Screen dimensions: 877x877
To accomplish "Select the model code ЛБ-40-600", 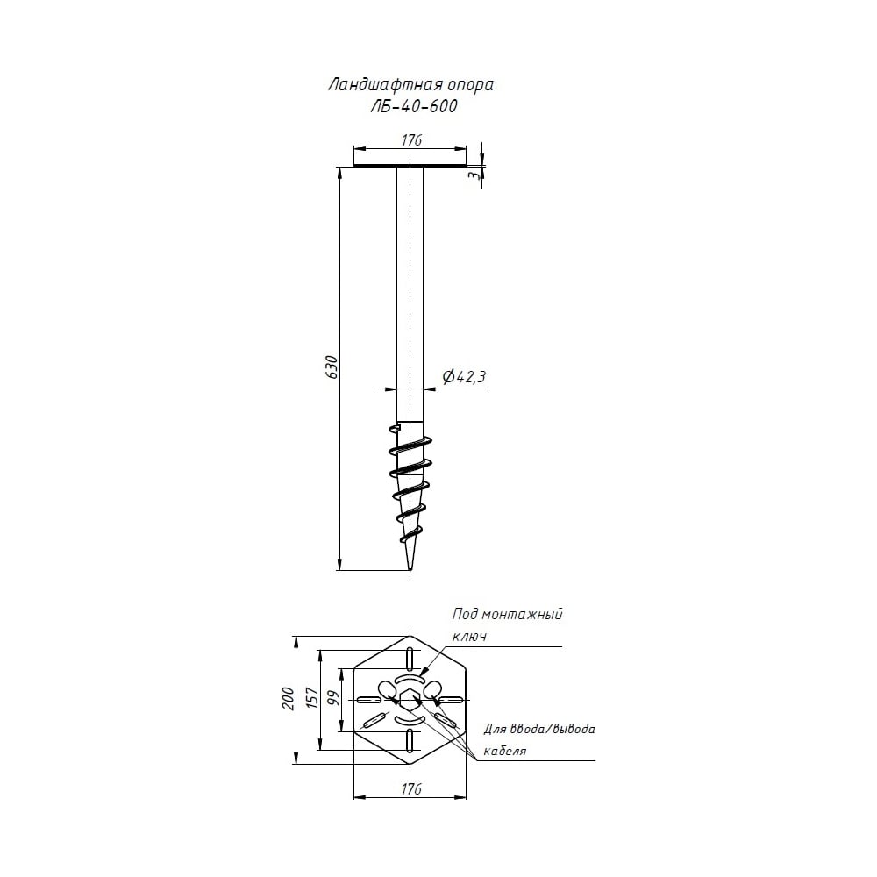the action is [x=414, y=106].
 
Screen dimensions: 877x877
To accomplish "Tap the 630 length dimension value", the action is [x=332, y=367].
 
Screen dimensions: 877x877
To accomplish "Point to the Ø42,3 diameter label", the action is [x=464, y=377].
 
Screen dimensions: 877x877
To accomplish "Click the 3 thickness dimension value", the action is [x=474, y=175].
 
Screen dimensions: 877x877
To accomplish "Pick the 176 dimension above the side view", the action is [x=411, y=139].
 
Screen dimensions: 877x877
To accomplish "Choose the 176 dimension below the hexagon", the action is [x=411, y=788].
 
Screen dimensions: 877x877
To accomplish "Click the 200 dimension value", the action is [x=288, y=699].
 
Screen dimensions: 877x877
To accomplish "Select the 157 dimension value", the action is [x=313, y=699].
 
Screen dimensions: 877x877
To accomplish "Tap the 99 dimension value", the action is [x=334, y=699].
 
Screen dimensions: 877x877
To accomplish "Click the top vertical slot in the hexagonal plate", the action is [x=410, y=659].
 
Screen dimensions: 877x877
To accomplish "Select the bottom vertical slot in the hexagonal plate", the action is [x=410, y=740].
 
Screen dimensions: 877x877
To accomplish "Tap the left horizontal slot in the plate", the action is [x=368, y=700].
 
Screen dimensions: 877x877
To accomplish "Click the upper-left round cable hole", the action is [x=387, y=688].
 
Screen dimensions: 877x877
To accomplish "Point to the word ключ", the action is [x=468, y=637].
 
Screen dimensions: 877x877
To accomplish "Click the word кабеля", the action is [x=504, y=752].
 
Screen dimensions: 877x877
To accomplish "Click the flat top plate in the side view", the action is [x=410, y=166].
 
